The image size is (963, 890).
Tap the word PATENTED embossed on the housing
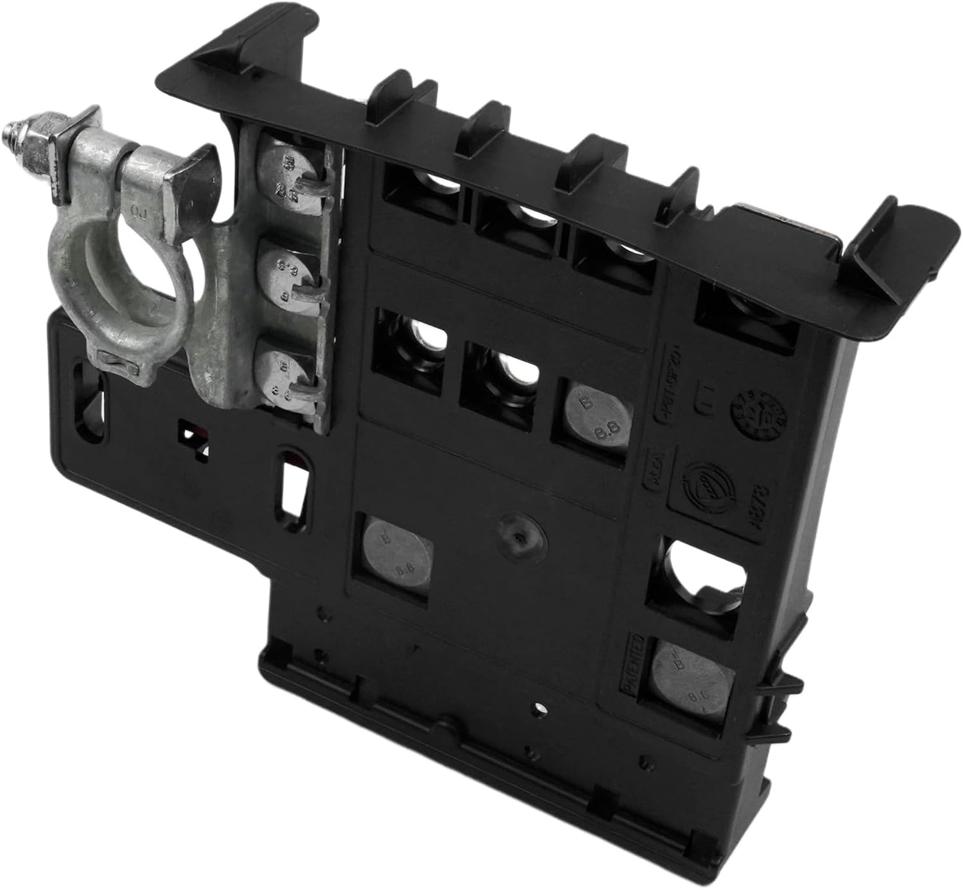632,664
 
